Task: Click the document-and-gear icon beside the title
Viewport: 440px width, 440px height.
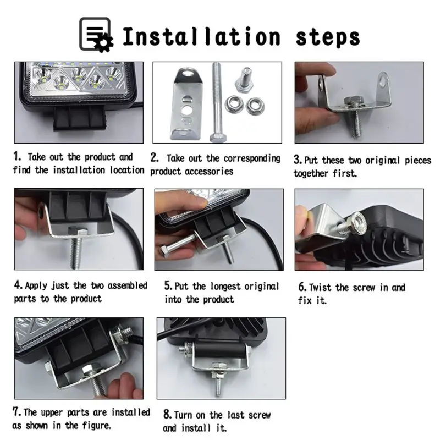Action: click(x=96, y=35)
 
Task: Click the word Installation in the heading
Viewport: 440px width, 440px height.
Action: click(x=201, y=37)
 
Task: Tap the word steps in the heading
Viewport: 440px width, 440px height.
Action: click(x=328, y=38)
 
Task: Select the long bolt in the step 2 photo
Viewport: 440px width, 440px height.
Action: click(x=217, y=102)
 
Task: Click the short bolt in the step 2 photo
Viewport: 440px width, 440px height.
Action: click(x=244, y=80)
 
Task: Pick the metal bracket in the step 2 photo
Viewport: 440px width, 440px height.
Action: click(x=186, y=104)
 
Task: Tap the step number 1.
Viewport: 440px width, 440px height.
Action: click(x=17, y=156)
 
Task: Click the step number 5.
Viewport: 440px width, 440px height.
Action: click(x=168, y=285)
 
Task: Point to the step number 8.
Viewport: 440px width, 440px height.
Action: click(x=167, y=415)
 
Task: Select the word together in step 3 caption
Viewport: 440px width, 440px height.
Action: click(x=311, y=174)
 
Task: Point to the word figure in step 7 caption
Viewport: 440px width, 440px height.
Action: click(x=97, y=426)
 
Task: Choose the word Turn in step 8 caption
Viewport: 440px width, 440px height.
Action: click(x=184, y=415)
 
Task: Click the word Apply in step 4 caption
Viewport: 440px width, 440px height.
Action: click(x=36, y=286)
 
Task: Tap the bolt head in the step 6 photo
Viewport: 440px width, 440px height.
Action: click(x=357, y=224)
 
